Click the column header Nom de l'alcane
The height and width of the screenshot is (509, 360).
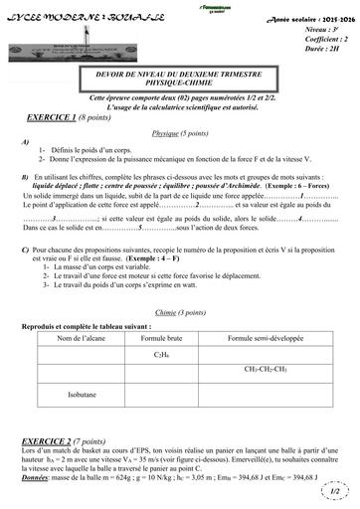[x=83, y=310]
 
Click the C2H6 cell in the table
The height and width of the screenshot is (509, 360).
[x=161, y=325]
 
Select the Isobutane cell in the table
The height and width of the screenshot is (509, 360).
[x=83, y=366]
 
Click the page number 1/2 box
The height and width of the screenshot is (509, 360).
[x=334, y=490]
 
